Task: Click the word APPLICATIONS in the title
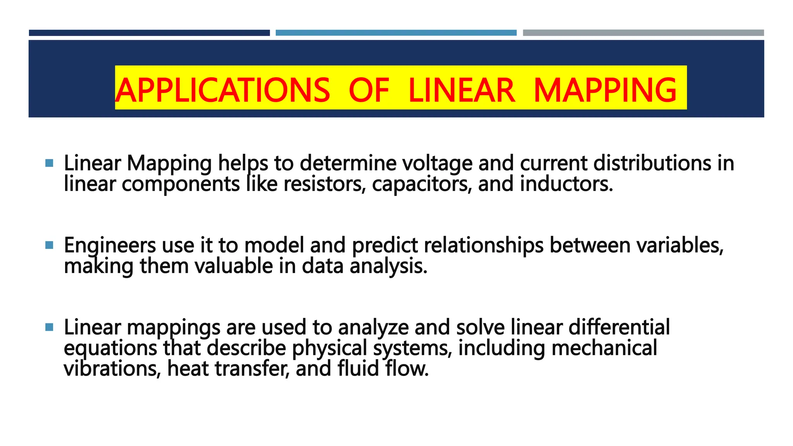pyautogui.click(x=223, y=90)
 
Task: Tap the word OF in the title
pyautogui.click(x=369, y=90)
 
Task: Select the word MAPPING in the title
pyautogui.click(x=605, y=90)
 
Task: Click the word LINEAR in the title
pyautogui.click(x=462, y=90)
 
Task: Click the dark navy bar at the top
pyautogui.click(x=149, y=33)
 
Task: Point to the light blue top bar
pyautogui.click(x=396, y=33)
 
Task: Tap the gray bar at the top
pyautogui.click(x=643, y=33)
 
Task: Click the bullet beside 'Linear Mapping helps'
pyautogui.click(x=49, y=163)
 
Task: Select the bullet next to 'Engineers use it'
pyautogui.click(x=49, y=245)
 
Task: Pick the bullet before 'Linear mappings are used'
pyautogui.click(x=49, y=328)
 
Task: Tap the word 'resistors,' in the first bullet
pyautogui.click(x=325, y=184)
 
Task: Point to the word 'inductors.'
pyautogui.click(x=566, y=184)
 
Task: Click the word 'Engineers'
pyautogui.click(x=110, y=245)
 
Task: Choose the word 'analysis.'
pyautogui.click(x=388, y=266)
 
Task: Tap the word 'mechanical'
pyautogui.click(x=604, y=348)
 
